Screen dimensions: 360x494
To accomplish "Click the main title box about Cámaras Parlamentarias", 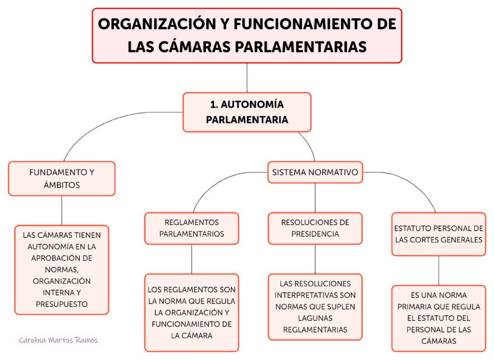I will (x=247, y=35).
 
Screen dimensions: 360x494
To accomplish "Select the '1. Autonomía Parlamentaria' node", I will (x=247, y=112).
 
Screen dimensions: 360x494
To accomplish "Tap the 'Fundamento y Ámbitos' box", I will (x=62, y=178).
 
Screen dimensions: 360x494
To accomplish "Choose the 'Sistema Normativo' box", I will (x=315, y=172).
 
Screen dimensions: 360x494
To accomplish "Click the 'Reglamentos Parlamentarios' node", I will (x=192, y=228).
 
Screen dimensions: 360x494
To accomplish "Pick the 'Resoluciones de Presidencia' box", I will (x=315, y=228).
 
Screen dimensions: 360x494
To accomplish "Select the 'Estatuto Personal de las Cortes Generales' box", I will (x=438, y=234).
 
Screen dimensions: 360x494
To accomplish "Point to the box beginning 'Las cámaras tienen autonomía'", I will (x=62, y=270).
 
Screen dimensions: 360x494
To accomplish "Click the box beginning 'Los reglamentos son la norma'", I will (x=192, y=312).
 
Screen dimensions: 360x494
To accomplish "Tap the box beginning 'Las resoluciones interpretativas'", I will (x=315, y=306).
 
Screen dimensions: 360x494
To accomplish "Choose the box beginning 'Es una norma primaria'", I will (x=438, y=318).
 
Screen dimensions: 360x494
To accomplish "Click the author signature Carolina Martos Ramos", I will (x=58, y=340).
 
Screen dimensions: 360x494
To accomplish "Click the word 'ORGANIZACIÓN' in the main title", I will (x=154, y=25).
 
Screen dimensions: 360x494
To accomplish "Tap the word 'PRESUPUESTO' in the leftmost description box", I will (x=62, y=304).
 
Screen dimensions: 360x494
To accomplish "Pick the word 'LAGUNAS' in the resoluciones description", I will (x=315, y=317).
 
